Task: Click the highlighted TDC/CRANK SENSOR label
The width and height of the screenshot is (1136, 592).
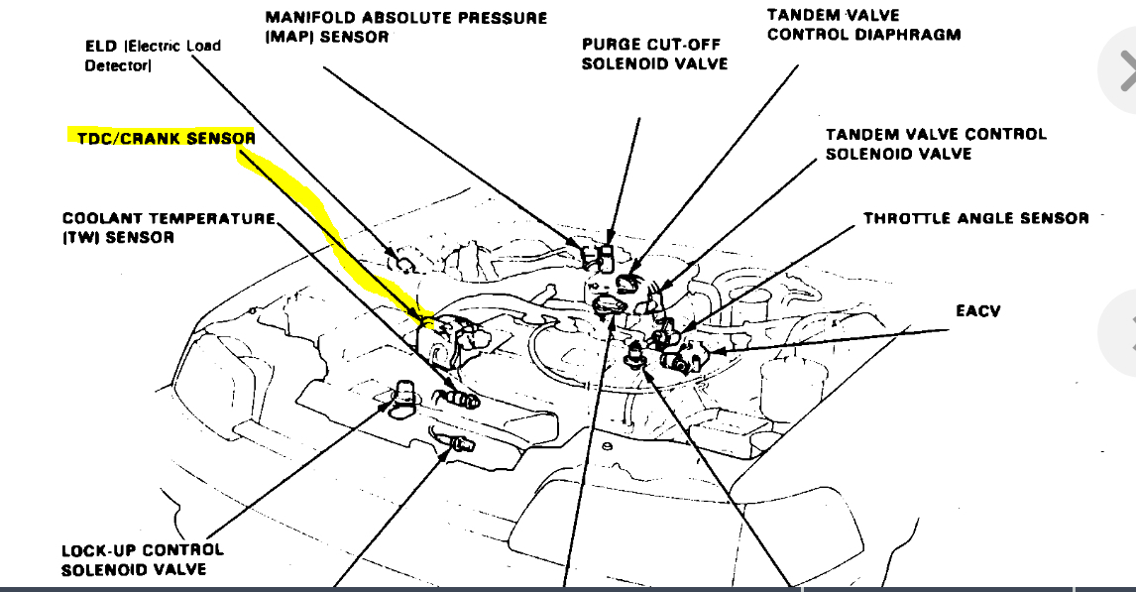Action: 166,139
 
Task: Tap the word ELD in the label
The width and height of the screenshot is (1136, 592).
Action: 100,46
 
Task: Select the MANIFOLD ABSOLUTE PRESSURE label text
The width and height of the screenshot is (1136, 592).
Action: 405,19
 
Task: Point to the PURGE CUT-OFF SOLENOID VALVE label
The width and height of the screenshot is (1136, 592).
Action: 654,55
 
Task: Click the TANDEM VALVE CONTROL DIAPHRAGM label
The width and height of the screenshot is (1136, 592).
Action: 863,25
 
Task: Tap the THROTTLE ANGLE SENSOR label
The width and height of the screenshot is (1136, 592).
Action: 975,218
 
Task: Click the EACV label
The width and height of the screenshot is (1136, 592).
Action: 977,311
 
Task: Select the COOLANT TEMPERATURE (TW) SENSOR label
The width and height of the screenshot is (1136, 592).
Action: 169,228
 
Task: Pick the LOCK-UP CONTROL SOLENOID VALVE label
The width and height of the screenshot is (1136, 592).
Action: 142,559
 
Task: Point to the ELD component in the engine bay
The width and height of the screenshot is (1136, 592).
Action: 404,263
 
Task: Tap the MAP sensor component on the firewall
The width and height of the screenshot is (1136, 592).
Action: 599,259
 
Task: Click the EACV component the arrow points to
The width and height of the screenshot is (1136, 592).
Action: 685,358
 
